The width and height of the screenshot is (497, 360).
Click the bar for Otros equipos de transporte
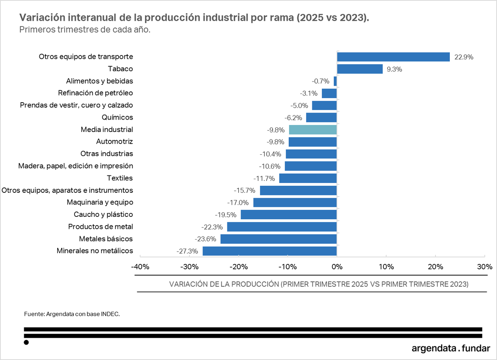[393, 57]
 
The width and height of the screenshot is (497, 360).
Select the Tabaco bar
[359, 69]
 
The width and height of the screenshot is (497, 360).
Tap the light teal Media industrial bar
[313, 130]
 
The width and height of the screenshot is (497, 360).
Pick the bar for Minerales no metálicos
[269, 251]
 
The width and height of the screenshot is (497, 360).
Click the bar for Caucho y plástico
[288, 214]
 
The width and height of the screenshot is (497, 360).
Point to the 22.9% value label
[463, 57]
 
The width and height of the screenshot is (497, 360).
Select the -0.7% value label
[320, 81]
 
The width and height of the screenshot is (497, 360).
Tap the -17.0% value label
[238, 203]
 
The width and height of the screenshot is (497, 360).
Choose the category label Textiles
[120, 178]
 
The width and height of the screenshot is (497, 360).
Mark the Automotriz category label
[114, 142]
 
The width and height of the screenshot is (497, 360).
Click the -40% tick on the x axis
[140, 266]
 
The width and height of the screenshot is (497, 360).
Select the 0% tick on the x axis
[337, 266]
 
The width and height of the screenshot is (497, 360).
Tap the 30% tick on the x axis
[484, 266]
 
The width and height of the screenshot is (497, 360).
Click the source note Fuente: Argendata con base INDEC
[72, 314]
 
